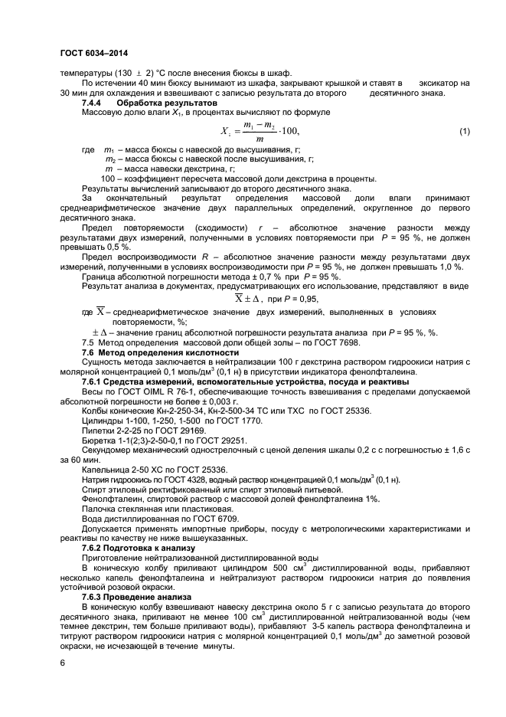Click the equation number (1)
coord(464,132)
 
